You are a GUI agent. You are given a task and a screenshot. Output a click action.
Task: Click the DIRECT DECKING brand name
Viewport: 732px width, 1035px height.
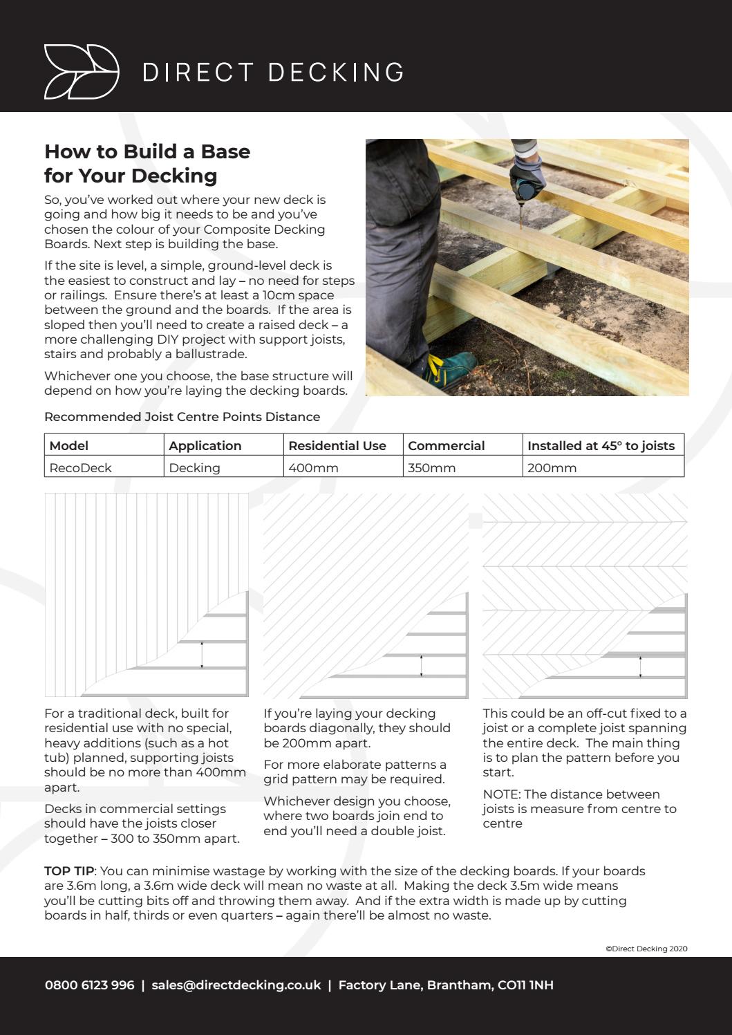pos(274,72)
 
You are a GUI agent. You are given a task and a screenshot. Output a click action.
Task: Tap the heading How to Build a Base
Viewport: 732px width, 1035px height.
pos(147,151)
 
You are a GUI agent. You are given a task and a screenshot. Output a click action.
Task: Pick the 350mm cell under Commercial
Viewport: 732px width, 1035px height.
pos(432,468)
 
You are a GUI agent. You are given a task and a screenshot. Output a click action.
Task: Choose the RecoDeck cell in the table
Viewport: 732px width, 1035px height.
pos(81,468)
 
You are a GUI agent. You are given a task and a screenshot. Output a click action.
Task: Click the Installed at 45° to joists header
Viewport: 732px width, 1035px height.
pos(601,446)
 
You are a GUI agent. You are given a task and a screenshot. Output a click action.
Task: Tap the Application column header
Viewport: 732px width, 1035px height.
pos(205,446)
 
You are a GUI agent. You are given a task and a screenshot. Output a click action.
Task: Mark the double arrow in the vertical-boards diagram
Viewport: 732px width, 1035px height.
pos(202,655)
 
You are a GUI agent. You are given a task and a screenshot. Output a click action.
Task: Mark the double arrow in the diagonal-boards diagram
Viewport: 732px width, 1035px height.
pos(422,665)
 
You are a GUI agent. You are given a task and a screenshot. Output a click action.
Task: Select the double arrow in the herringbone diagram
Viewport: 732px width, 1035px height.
pos(640,666)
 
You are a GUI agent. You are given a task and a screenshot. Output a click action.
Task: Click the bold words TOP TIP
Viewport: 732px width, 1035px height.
pos(68,871)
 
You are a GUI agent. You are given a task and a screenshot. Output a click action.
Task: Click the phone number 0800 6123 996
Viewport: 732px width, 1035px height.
pos(89,985)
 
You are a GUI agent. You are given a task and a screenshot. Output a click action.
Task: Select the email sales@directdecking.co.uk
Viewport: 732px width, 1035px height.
pos(236,985)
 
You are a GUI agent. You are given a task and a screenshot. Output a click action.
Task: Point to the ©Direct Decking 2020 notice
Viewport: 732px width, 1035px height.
pos(646,949)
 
